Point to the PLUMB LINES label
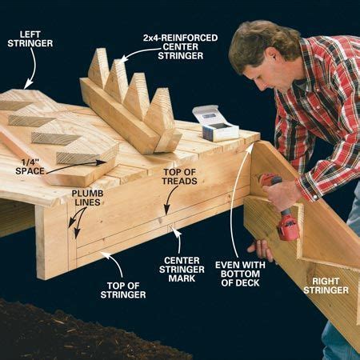[x=86, y=199]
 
